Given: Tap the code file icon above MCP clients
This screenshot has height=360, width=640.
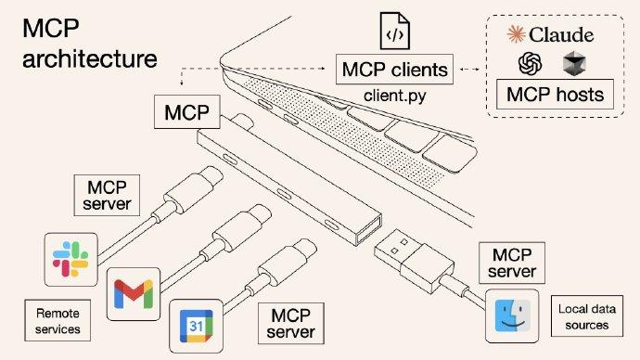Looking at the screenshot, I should pyautogui.click(x=392, y=32).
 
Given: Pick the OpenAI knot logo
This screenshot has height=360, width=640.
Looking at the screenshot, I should pyautogui.click(x=531, y=63).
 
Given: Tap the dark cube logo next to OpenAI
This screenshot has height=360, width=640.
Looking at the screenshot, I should pyautogui.click(x=575, y=63).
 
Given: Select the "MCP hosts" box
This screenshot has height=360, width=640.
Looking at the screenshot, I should pyautogui.click(x=553, y=95).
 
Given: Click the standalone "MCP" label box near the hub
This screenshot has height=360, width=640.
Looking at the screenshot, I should pyautogui.click(x=186, y=114).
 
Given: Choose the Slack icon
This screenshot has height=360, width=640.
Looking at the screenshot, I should pyautogui.click(x=71, y=259).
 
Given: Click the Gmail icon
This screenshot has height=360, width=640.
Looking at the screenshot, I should pyautogui.click(x=134, y=294).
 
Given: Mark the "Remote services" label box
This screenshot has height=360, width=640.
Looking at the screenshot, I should pyautogui.click(x=58, y=321).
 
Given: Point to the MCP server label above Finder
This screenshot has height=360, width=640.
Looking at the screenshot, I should pyautogui.click(x=512, y=262).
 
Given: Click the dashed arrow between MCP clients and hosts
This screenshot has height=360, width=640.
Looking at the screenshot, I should pyautogui.click(x=471, y=69).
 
